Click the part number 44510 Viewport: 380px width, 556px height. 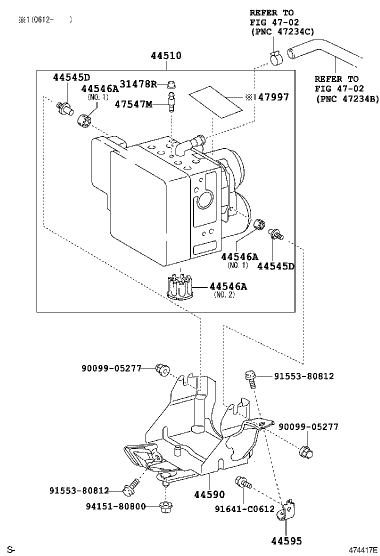(x=166, y=56)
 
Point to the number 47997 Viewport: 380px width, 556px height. (x=272, y=97)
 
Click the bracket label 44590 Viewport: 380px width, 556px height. (x=209, y=494)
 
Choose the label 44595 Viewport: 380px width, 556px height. (x=287, y=540)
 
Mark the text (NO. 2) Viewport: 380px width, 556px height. (x=224, y=294)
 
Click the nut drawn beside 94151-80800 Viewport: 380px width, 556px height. (x=164, y=507)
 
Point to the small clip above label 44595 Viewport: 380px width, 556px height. (x=287, y=511)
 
